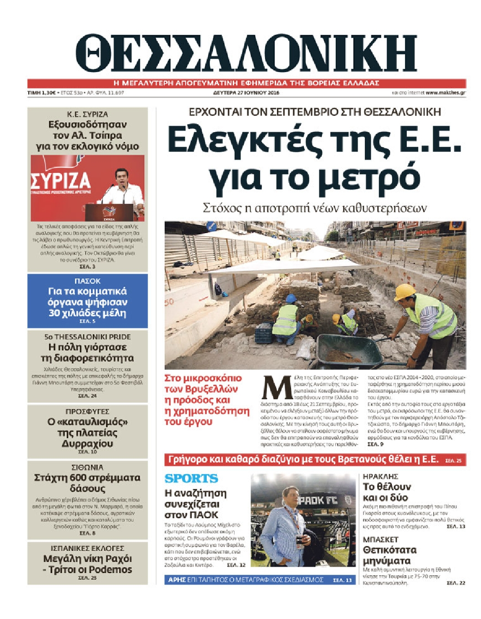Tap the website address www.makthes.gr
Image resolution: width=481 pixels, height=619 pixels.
pyautogui.click(x=445, y=93)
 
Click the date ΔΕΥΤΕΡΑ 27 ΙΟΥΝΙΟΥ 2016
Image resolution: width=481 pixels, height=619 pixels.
pyautogui.click(x=246, y=93)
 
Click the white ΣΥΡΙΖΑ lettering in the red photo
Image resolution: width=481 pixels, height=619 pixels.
pyautogui.click(x=61, y=181)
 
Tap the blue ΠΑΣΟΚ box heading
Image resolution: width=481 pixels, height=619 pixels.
pyautogui.click(x=87, y=281)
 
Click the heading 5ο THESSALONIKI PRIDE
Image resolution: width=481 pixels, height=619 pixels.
pyautogui.click(x=87, y=337)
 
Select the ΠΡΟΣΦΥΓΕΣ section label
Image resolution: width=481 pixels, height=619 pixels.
pyautogui.click(x=87, y=411)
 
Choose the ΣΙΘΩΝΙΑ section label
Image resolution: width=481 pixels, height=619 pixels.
pyautogui.click(x=87, y=467)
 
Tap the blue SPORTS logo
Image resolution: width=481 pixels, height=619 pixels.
pyautogui.click(x=191, y=479)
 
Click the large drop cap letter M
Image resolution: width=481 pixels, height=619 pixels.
pyautogui.click(x=276, y=389)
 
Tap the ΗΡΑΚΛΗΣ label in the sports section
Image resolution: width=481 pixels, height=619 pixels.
pyautogui.click(x=380, y=476)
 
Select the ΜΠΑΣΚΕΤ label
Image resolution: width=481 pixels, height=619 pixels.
pyautogui.click(x=380, y=539)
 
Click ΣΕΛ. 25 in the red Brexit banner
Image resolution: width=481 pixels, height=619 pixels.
pyautogui.click(x=453, y=460)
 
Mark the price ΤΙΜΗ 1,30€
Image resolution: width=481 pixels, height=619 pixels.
pyautogui.click(x=41, y=93)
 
